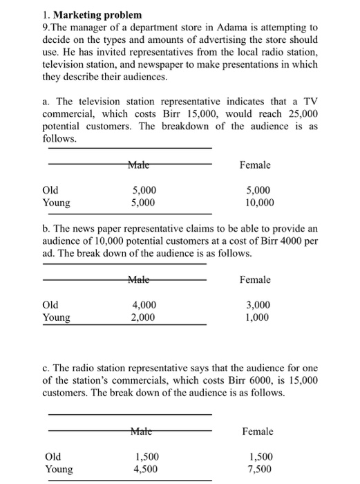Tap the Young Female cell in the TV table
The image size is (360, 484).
pyautogui.click(x=259, y=203)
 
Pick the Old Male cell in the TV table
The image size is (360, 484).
pyautogui.click(x=144, y=190)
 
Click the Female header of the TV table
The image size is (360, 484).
pyautogui.click(x=255, y=165)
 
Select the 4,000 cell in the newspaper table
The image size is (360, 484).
pyautogui.click(x=144, y=305)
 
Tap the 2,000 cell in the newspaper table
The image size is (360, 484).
pyautogui.click(x=144, y=317)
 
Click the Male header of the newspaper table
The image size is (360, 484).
pyautogui.click(x=141, y=279)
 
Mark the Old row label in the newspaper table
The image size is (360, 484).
pyautogui.click(x=50, y=305)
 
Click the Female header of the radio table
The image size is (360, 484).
pyautogui.click(x=258, y=431)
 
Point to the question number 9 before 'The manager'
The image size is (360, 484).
pyautogui.click(x=45, y=27)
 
